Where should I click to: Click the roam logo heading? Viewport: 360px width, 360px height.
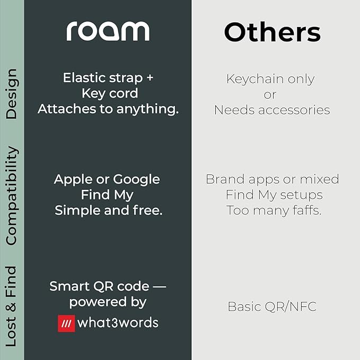coord(108,31)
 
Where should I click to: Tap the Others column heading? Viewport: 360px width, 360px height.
coord(272,32)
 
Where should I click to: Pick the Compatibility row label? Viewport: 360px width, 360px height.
coord(11,196)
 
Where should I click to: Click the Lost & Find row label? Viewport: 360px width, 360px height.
coord(11,306)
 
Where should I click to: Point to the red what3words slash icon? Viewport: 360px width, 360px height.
coord(66,323)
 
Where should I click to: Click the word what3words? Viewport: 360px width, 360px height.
coord(117,323)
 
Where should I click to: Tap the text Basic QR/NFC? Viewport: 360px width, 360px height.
coord(272,306)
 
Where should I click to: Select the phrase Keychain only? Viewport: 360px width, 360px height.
coord(270,79)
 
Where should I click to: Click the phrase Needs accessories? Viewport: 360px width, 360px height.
coord(272,110)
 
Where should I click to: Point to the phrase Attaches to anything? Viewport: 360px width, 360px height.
coord(108,109)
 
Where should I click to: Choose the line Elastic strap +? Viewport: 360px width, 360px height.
coord(108,77)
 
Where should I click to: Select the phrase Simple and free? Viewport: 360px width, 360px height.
coord(108,210)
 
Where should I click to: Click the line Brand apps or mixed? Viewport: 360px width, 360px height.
coord(272,179)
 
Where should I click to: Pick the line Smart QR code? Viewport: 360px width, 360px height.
coord(108,286)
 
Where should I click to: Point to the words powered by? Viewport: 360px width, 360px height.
coord(108,302)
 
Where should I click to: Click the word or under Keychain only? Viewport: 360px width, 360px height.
coord(270,94)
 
